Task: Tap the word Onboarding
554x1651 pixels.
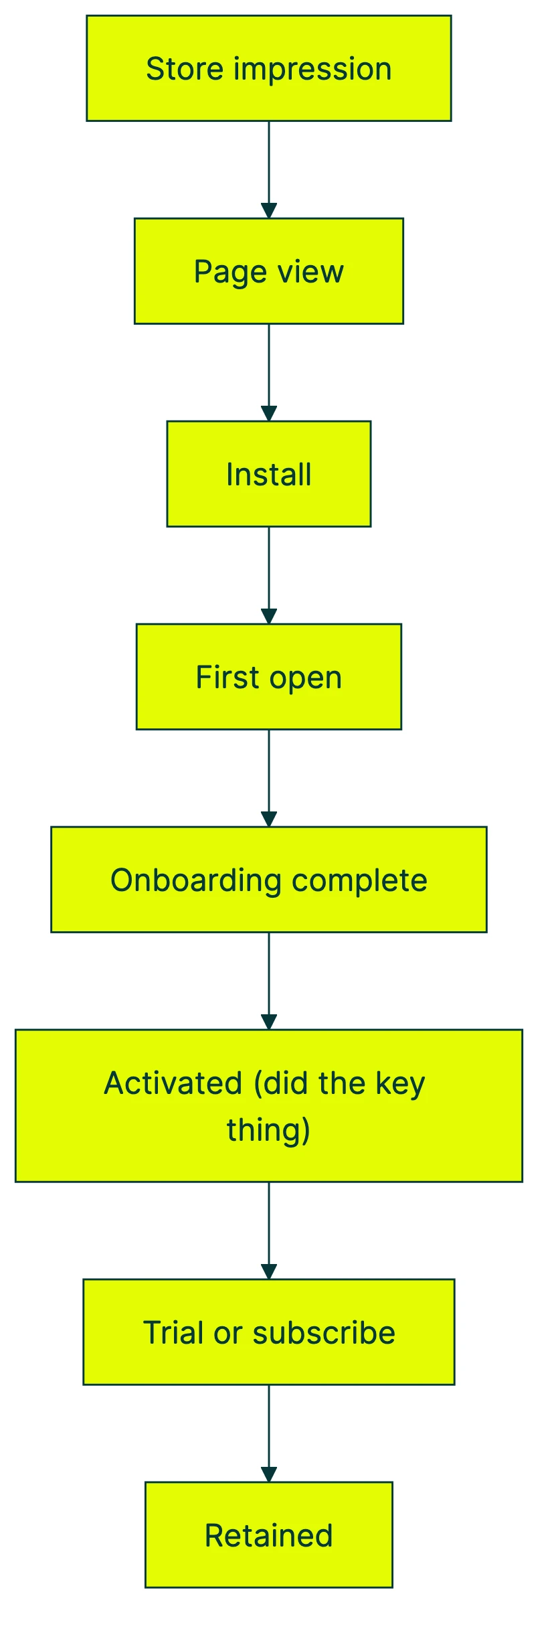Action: tap(195, 880)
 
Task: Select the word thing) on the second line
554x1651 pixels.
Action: tap(268, 1129)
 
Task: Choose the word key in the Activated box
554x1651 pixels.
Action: tap(400, 1083)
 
